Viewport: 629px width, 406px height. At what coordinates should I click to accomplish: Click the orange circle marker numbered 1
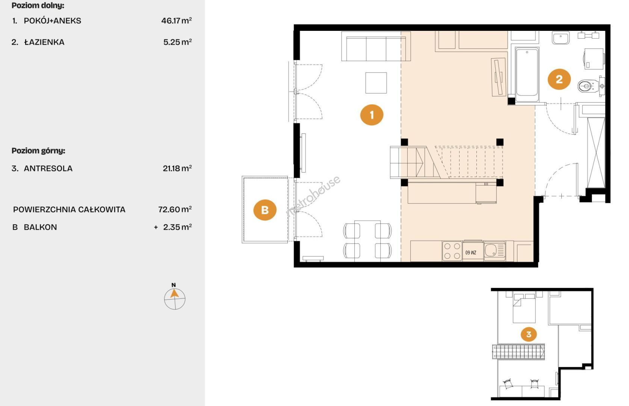(x=372, y=115)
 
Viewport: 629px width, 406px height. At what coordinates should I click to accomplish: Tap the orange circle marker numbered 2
(x=559, y=79)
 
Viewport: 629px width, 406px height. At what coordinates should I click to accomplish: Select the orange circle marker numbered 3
(x=529, y=334)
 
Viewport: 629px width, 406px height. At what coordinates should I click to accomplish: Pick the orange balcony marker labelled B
(x=265, y=210)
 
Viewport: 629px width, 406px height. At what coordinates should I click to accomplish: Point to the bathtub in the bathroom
(x=527, y=75)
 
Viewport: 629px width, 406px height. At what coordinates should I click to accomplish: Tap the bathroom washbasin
(x=561, y=38)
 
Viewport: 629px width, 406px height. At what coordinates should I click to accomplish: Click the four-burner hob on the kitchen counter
(x=452, y=251)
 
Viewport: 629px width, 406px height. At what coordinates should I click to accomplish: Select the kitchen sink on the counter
(x=494, y=251)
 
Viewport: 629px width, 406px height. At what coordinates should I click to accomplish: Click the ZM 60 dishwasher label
(x=471, y=253)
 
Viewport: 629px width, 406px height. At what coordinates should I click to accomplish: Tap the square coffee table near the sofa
(x=376, y=83)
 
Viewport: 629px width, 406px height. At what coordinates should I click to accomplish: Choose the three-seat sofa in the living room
(x=376, y=46)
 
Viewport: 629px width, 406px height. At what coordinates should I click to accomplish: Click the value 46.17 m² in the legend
(x=176, y=21)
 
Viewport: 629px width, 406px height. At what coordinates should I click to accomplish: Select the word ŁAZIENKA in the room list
(x=44, y=42)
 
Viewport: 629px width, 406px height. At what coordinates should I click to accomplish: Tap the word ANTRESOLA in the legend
(x=48, y=168)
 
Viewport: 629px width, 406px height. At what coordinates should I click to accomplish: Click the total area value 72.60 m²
(x=175, y=209)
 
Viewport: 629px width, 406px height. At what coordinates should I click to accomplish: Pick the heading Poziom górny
(x=38, y=151)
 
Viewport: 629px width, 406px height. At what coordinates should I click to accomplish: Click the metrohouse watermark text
(x=313, y=195)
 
